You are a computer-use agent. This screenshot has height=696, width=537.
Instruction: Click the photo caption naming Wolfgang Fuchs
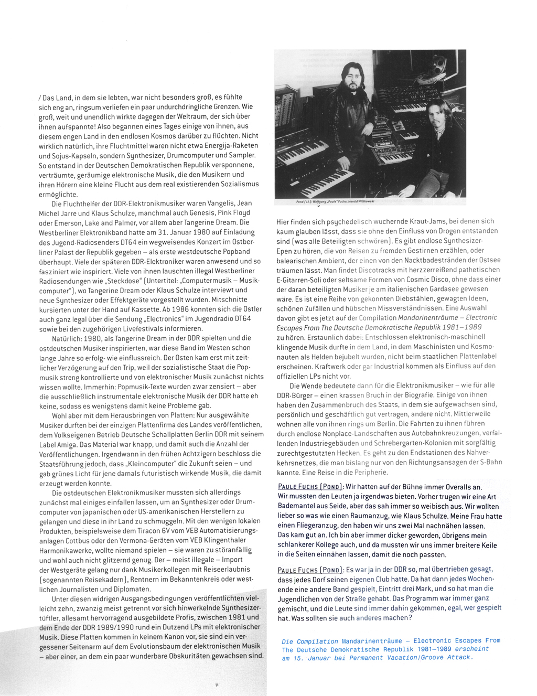[335, 201]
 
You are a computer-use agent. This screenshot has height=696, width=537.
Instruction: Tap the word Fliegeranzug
[312, 526]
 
